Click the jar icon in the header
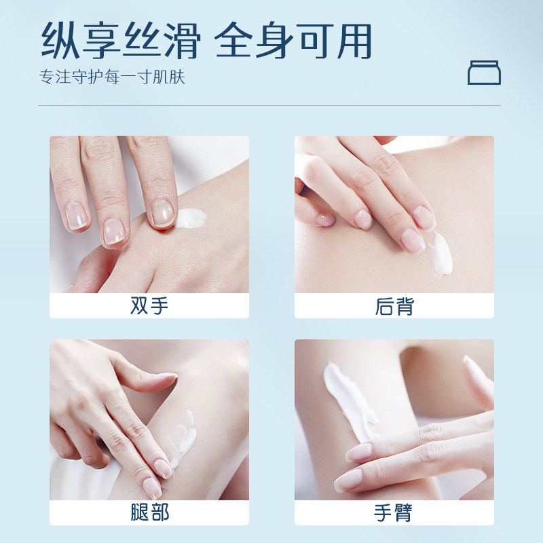point(484,73)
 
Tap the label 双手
point(149,306)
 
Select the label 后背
point(394,306)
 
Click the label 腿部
point(149,512)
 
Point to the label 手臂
point(394,512)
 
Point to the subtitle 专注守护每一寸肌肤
point(112,77)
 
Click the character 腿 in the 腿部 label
point(139,512)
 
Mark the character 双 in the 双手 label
point(139,306)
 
